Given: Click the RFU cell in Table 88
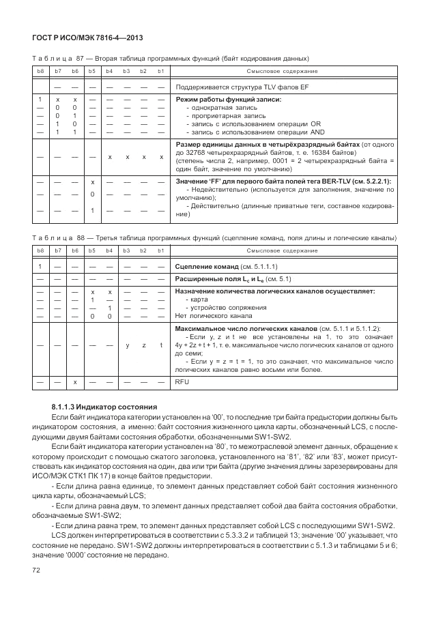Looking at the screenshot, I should coord(182,383).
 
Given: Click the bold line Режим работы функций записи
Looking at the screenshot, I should coord(229,100).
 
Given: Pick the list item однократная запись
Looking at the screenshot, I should coord(223,108).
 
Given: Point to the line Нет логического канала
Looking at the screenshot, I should coord(214,316).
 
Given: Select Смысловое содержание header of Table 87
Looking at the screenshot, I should coord(283,72).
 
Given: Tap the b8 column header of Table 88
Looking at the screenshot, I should coord(40,252).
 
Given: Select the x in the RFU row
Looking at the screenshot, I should coord(75,383).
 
